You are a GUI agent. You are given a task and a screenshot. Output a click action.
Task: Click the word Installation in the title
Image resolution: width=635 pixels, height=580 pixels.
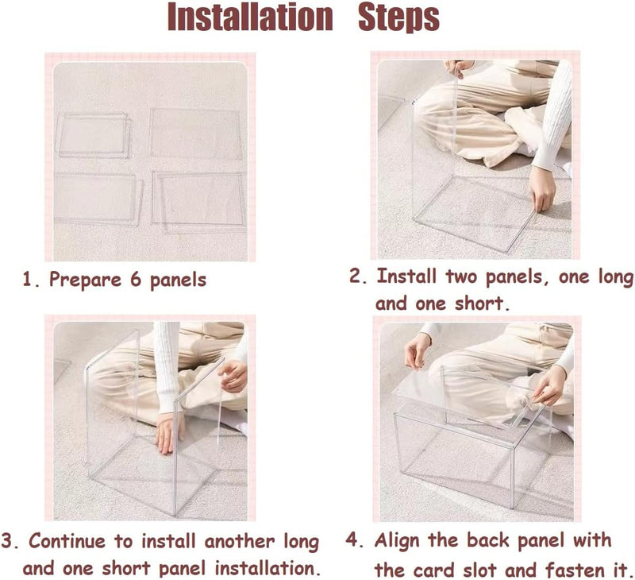coord(250,17)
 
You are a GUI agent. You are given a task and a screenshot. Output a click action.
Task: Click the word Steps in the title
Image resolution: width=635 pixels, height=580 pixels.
coord(399,17)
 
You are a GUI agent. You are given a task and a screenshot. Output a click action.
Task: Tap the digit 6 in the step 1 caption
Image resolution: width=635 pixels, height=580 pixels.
coord(136,279)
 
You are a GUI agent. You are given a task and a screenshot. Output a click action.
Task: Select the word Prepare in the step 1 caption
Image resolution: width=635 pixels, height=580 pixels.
coord(85,280)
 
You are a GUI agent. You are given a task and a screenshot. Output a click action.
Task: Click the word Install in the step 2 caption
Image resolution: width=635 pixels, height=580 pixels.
coord(406,276)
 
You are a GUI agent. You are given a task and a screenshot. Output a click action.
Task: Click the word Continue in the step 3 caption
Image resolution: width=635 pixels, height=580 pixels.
coord(67,541)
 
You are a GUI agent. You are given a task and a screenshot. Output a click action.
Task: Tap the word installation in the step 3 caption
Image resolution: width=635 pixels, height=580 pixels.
coord(264,568)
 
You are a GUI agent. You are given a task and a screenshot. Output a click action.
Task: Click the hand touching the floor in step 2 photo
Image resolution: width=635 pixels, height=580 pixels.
coord(542,189)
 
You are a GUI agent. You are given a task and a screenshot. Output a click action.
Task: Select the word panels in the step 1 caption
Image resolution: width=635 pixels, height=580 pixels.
coord(178,280)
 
